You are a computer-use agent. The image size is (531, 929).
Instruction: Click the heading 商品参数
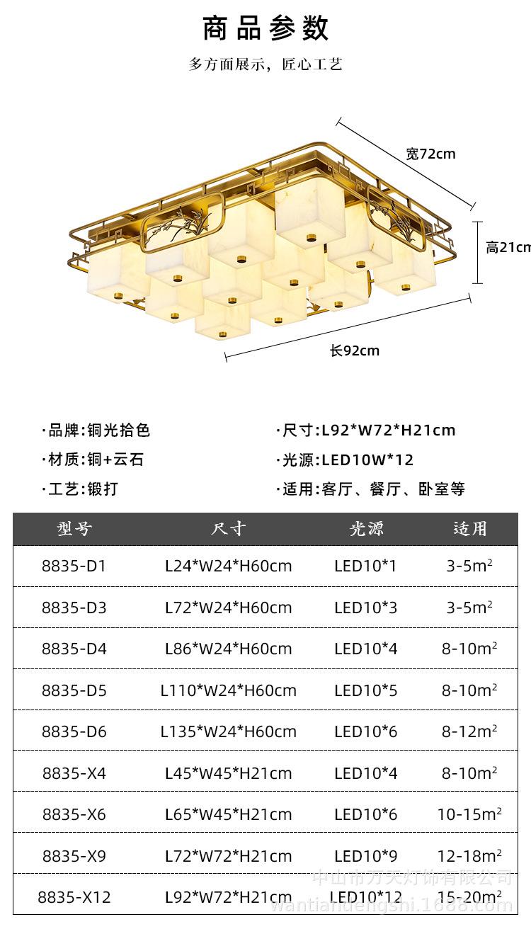click(265, 28)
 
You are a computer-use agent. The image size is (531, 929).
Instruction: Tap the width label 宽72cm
click(430, 154)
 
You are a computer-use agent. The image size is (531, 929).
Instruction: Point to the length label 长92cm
click(354, 350)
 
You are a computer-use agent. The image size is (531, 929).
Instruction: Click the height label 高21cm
click(508, 247)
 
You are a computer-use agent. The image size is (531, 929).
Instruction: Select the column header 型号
click(74, 529)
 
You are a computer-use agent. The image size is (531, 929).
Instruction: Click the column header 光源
click(366, 529)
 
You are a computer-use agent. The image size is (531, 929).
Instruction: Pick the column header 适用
click(470, 529)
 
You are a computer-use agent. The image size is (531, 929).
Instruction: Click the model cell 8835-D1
click(74, 566)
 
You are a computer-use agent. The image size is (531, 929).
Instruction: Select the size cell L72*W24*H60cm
click(228, 608)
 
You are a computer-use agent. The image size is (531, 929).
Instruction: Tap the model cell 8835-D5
click(74, 690)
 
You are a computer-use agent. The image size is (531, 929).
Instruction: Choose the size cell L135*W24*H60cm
click(228, 731)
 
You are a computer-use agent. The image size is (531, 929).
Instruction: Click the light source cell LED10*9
click(366, 856)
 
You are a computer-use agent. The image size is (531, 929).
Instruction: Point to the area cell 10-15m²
click(469, 814)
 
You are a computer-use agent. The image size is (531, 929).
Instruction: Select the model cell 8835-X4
click(74, 773)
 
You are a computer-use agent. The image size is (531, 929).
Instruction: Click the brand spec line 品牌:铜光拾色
click(97, 431)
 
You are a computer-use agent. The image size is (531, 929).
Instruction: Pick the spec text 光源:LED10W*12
click(346, 460)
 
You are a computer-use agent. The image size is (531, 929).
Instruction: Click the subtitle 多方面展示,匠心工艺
click(265, 64)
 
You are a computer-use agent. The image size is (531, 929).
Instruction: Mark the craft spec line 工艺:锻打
click(81, 489)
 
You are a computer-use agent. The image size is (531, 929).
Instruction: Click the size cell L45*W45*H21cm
click(228, 773)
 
